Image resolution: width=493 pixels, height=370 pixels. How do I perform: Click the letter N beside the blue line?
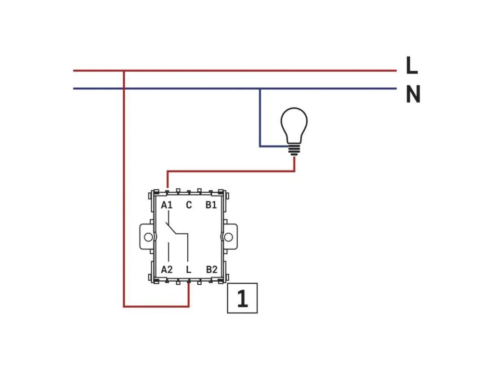click(x=413, y=94)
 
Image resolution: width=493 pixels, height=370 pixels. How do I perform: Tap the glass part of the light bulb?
click(x=294, y=125)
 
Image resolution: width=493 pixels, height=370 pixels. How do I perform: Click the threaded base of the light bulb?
click(x=294, y=150)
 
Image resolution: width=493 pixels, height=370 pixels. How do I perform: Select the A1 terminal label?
click(x=167, y=205)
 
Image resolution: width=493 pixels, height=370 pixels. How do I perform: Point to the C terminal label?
click(x=189, y=205)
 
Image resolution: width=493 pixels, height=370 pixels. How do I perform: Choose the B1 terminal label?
click(x=211, y=205)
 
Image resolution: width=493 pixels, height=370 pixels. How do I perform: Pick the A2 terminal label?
click(x=167, y=270)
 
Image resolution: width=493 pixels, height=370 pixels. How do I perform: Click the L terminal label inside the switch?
click(x=189, y=270)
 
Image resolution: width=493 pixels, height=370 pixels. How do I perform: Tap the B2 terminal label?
click(x=212, y=270)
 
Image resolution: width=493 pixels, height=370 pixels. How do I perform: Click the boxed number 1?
click(x=243, y=298)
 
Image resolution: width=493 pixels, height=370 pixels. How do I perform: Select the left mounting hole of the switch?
click(x=148, y=237)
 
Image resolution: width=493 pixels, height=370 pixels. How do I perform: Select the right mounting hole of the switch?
click(x=229, y=237)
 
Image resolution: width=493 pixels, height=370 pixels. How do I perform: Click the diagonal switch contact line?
click(x=171, y=228)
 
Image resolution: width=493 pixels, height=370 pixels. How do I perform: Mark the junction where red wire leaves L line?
click(x=124, y=71)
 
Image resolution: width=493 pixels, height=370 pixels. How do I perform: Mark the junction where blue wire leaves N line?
click(x=260, y=89)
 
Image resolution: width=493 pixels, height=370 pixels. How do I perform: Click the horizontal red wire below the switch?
click(x=156, y=306)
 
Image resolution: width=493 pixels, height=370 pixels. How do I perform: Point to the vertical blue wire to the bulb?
click(x=260, y=118)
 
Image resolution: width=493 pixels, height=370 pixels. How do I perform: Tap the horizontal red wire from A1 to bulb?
click(x=231, y=172)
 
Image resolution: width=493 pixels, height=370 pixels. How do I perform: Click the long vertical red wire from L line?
click(x=124, y=188)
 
